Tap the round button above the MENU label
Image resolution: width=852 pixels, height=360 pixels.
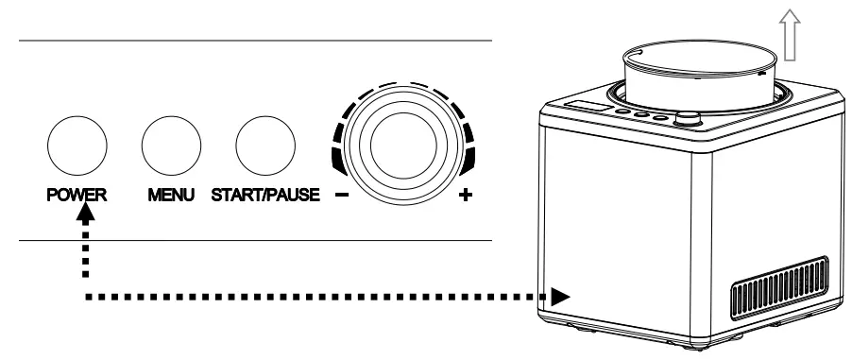171,143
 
